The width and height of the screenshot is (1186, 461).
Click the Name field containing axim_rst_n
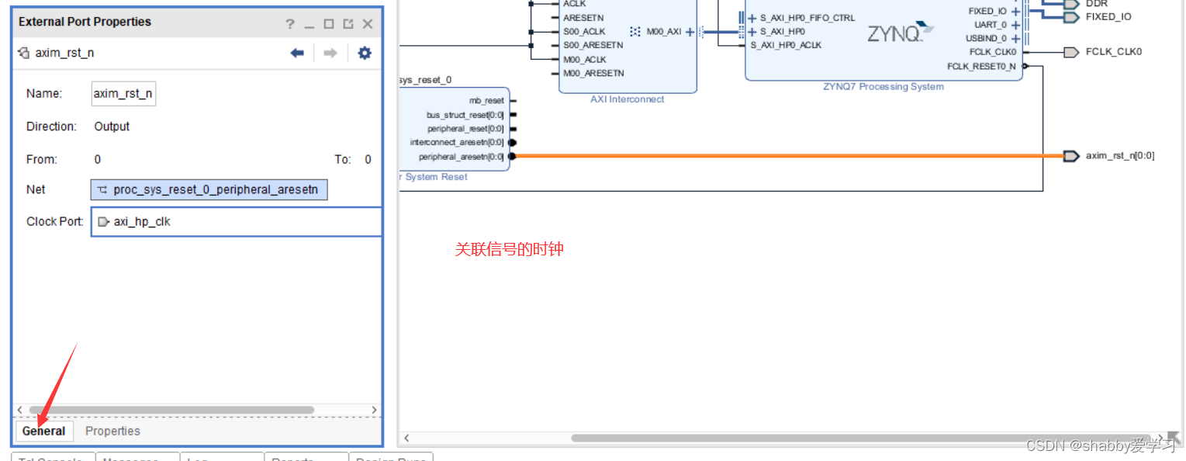coord(123,94)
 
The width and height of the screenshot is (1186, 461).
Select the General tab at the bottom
coord(43,431)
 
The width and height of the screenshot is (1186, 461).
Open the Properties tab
coord(112,431)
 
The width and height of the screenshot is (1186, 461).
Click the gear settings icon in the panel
coord(365,53)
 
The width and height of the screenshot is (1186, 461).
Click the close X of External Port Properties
coord(368,24)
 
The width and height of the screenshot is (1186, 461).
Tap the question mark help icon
coord(290,24)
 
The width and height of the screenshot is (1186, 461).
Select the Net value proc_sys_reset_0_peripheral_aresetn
coord(209,189)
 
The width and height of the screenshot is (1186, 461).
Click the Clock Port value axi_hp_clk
coord(142,222)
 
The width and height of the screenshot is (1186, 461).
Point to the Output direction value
coord(112,127)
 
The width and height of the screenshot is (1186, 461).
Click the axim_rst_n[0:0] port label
coord(1119,156)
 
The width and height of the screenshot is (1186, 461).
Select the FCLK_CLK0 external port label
coord(1113,52)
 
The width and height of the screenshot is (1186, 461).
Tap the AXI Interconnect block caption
coord(627,99)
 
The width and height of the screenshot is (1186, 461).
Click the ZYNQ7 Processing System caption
coord(883,87)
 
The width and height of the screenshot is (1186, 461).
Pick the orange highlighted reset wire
coord(776,156)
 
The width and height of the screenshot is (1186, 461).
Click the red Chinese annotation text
coord(509,249)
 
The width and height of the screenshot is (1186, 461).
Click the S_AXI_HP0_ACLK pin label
coord(786,45)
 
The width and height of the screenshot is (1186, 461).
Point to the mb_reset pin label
coord(486,101)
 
